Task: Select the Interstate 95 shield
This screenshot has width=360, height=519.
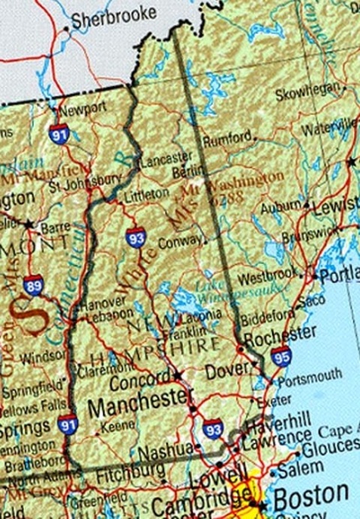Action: (x=281, y=356)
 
